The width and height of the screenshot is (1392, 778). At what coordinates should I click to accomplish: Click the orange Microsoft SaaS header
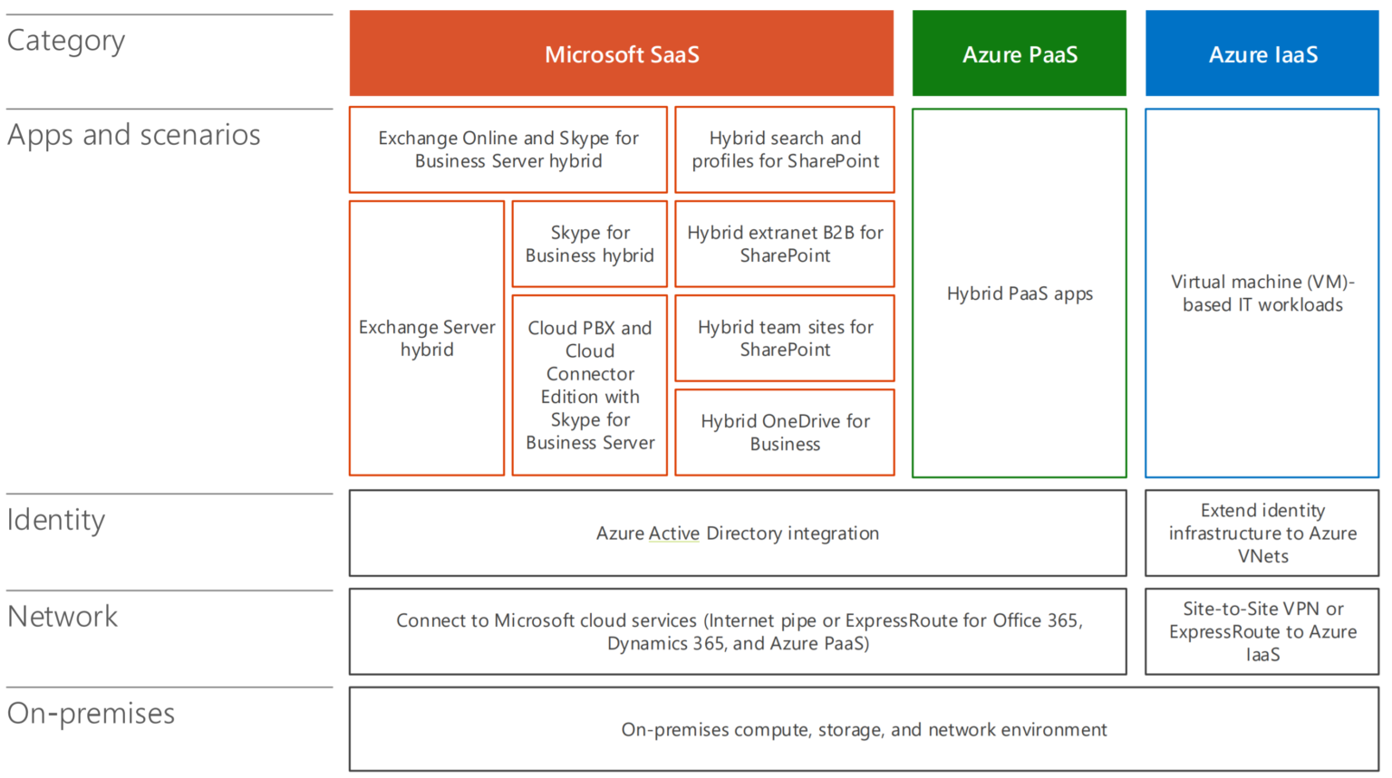622,54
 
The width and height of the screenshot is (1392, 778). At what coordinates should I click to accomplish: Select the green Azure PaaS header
1020,54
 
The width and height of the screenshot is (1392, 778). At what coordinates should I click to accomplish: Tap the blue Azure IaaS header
1262,54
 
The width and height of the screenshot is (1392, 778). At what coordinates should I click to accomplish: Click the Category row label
66,41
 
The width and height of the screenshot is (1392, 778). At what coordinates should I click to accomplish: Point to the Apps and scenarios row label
134,135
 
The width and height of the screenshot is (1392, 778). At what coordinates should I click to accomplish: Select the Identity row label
56,520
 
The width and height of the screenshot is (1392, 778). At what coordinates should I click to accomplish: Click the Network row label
63,617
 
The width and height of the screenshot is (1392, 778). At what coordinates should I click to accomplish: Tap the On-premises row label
91,714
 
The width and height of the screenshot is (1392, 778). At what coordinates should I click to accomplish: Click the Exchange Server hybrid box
427,338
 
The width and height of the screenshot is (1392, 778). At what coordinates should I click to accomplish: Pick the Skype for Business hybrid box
590,244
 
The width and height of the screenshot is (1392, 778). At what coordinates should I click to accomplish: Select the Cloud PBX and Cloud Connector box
590,385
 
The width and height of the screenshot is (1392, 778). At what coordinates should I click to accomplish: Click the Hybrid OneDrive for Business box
785,432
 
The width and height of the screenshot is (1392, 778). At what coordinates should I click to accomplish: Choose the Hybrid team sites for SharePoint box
785,338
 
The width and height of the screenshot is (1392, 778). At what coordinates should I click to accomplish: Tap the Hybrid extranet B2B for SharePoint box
785,244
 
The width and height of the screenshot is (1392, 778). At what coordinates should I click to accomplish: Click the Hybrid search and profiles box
785,149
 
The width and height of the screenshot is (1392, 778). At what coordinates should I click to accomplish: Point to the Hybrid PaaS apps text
1020,293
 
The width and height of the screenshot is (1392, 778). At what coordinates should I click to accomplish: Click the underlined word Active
674,533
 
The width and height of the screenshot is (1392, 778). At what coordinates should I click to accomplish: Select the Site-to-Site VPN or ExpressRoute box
1262,631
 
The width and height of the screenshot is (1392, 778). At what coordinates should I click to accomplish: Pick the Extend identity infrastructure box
1262,533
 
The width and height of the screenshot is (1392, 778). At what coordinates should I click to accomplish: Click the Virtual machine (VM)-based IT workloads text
1262,293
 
